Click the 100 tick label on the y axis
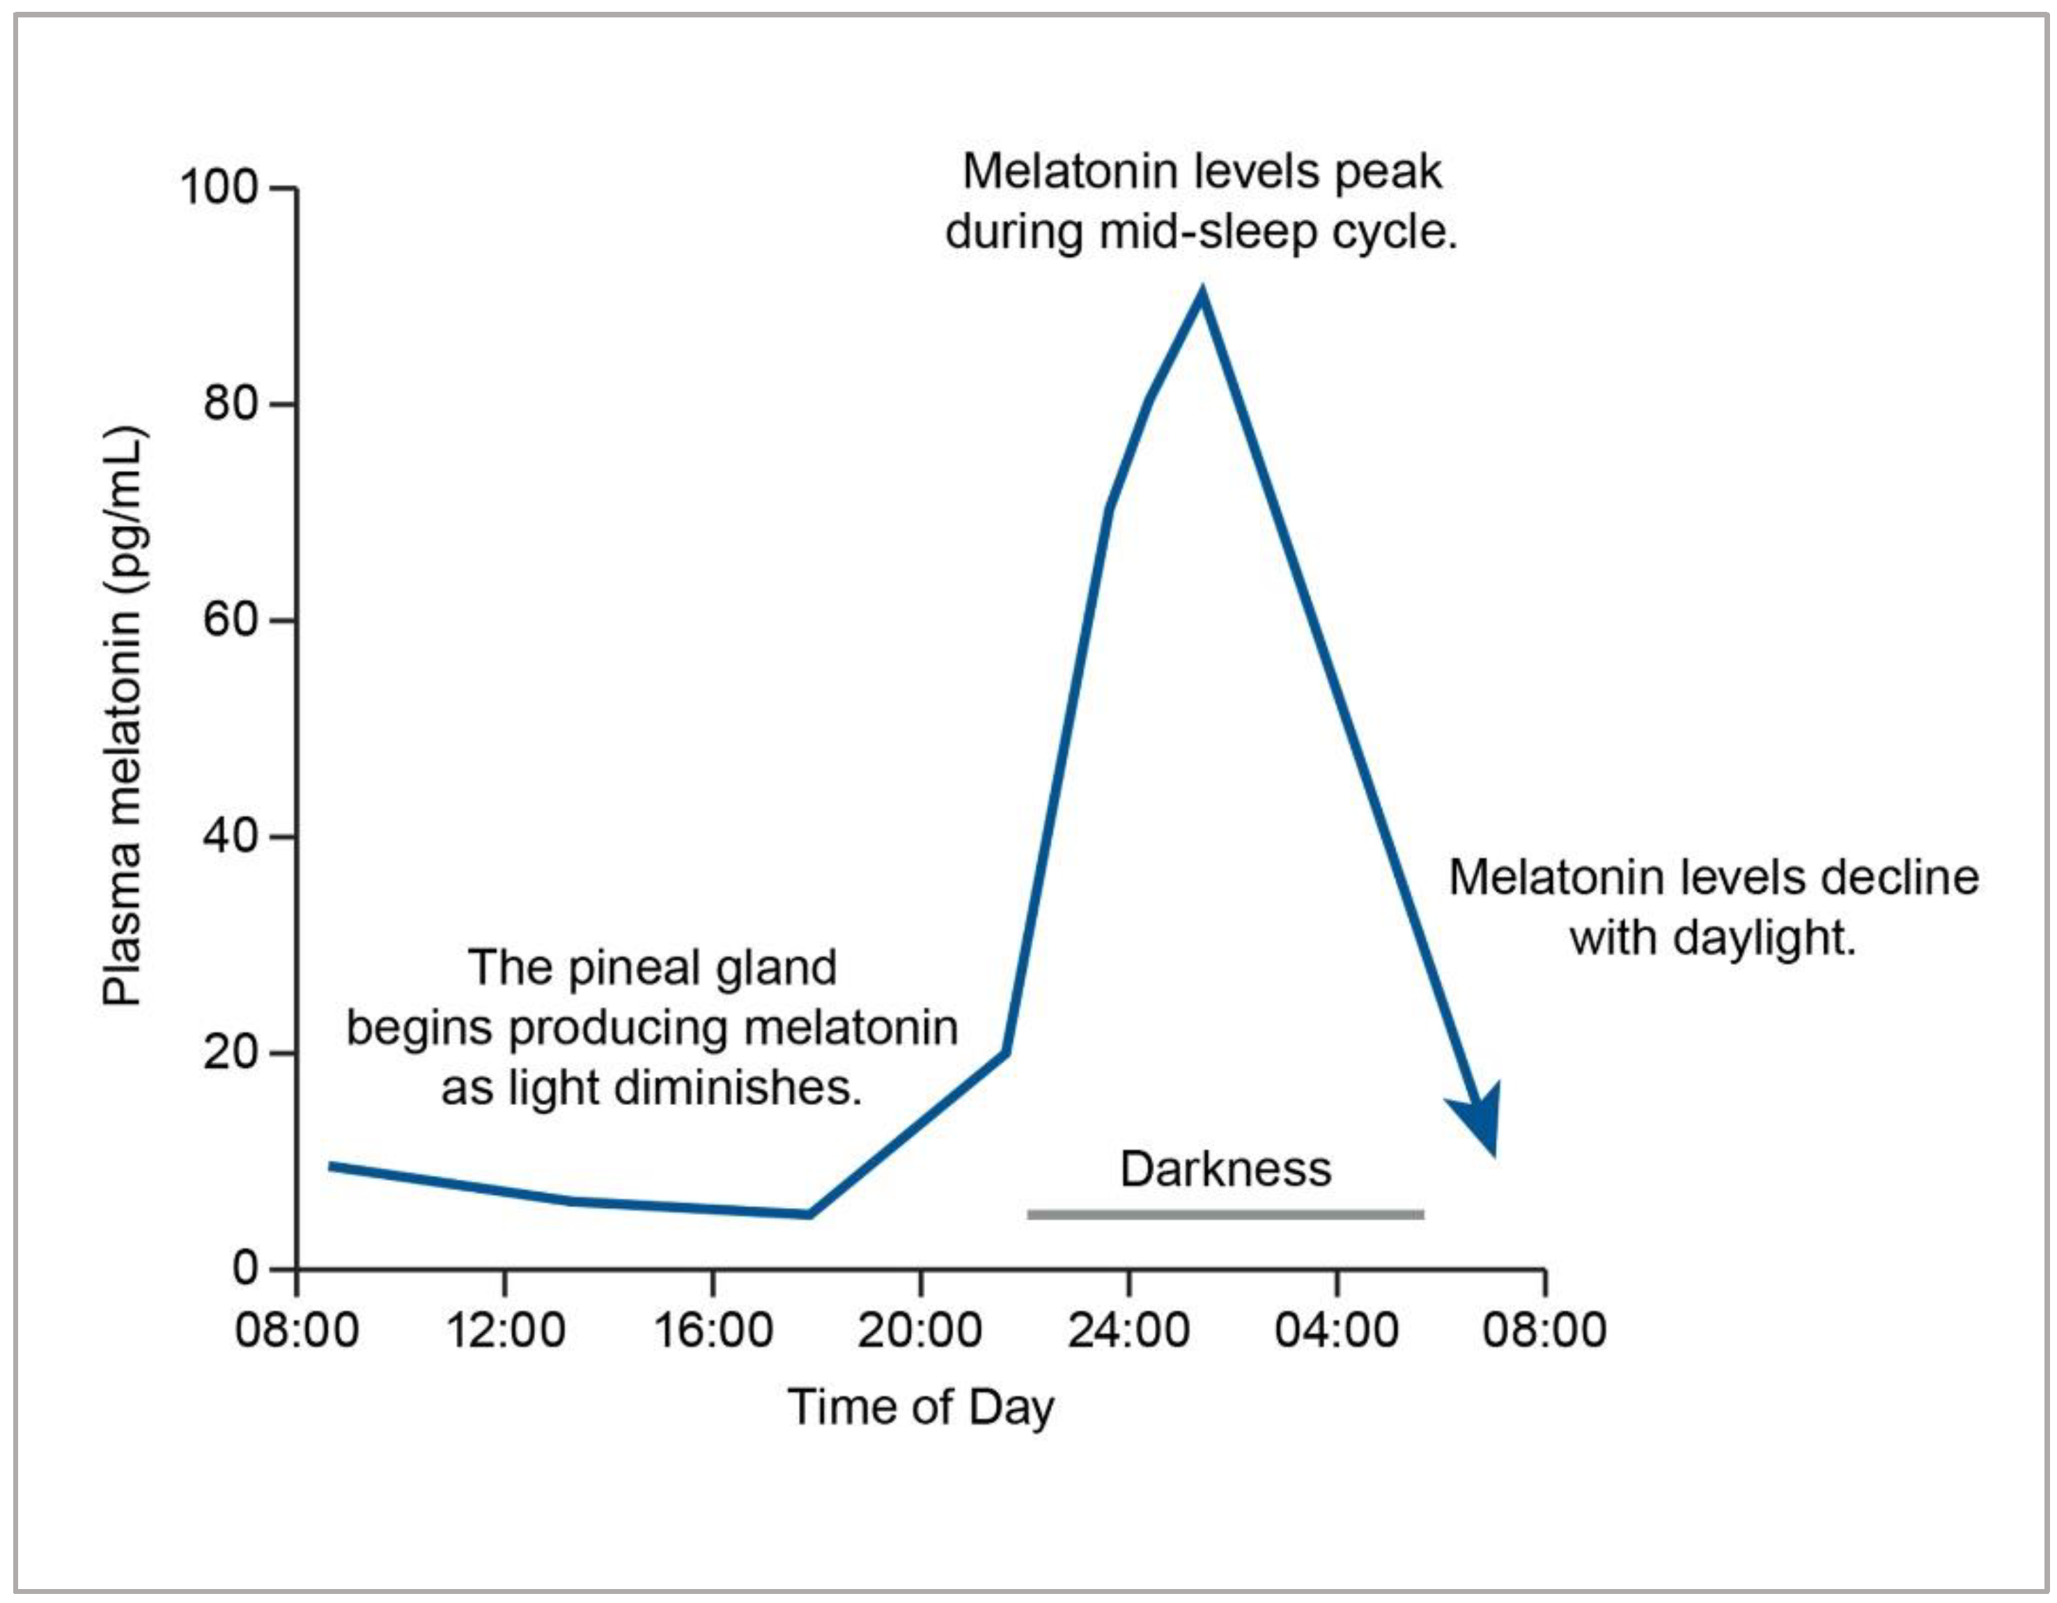[x=219, y=187]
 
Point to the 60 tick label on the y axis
[x=231, y=620]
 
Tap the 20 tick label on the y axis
[x=231, y=1052]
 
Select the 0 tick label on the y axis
[x=245, y=1268]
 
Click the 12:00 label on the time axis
[x=505, y=1331]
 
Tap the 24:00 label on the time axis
[x=1128, y=1331]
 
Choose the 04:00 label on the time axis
[x=1337, y=1331]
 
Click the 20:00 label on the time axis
[x=920, y=1331]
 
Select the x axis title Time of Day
[x=920, y=1408]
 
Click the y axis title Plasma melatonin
[x=123, y=715]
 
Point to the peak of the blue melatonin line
[x=1201, y=294]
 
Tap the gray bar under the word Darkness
[x=1225, y=1215]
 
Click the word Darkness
[x=1225, y=1169]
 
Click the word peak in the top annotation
[x=1388, y=172]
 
